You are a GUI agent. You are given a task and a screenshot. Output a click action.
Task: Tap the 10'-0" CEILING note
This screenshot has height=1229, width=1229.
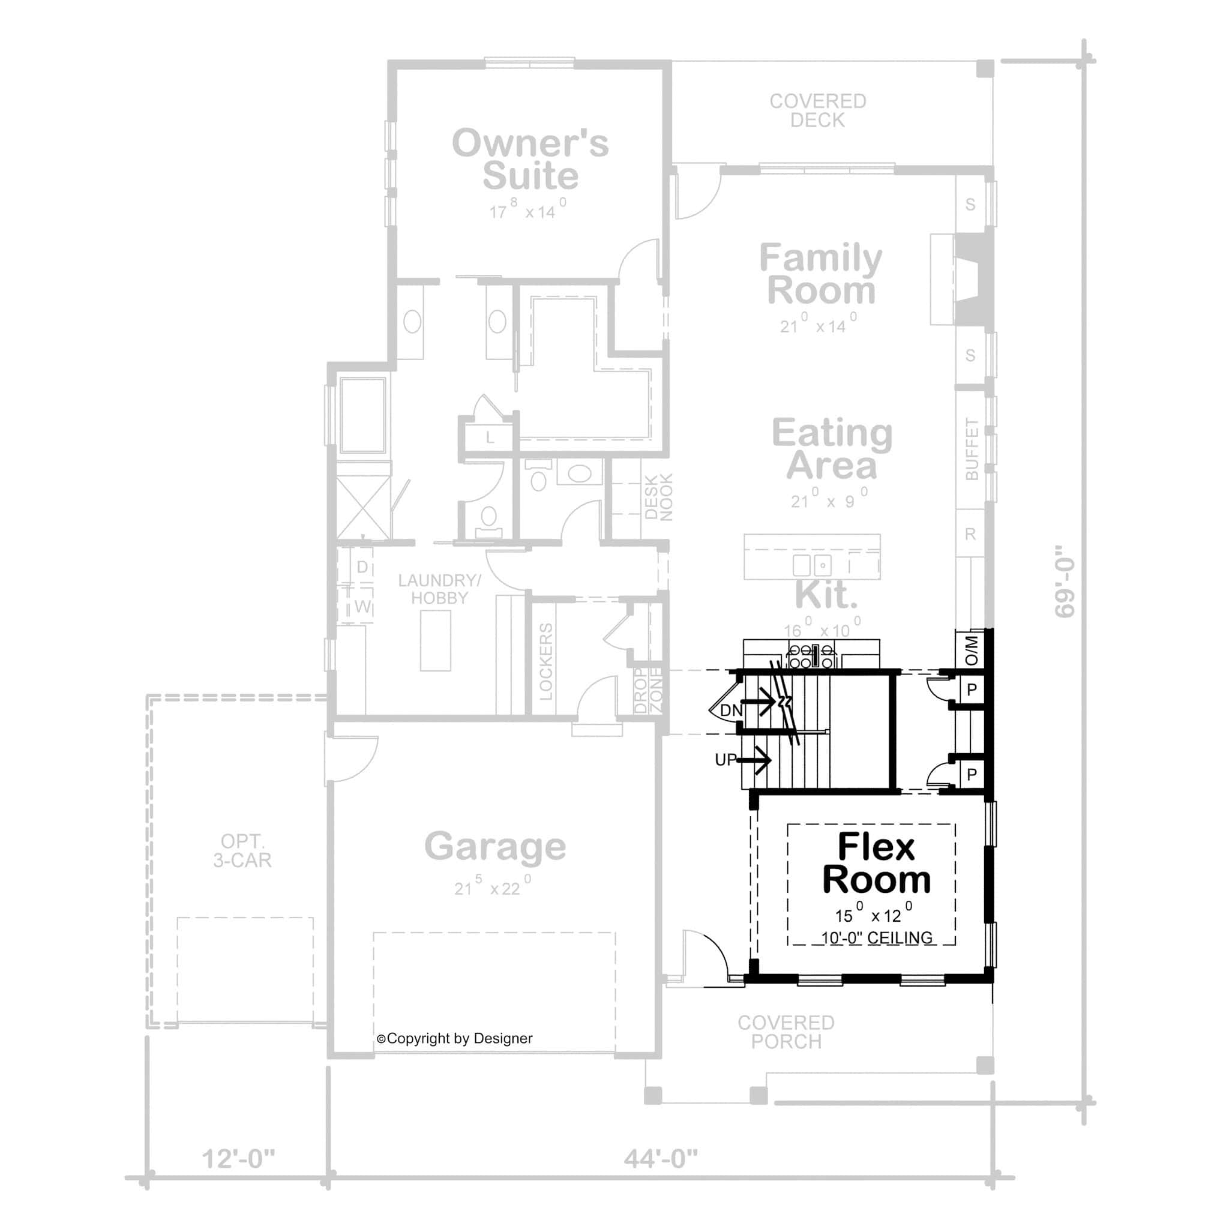[x=877, y=938]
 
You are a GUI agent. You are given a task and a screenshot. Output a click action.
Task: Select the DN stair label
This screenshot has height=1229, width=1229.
[x=730, y=711]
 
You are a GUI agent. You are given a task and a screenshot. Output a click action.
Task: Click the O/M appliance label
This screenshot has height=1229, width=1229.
[x=972, y=650]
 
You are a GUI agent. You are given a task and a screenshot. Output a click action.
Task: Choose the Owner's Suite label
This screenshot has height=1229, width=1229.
[x=530, y=159]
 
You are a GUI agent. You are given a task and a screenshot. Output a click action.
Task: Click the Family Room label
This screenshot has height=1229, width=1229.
[x=820, y=274]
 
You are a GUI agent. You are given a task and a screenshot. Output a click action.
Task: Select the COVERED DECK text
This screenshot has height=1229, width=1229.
[x=817, y=110]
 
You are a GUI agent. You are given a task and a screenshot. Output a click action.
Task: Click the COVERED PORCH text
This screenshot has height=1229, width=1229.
[x=786, y=1032]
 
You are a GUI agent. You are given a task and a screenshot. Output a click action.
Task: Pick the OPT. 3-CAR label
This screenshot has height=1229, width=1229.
[x=242, y=850]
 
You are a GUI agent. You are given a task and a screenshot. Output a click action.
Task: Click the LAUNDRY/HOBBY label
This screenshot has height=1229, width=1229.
[x=439, y=589]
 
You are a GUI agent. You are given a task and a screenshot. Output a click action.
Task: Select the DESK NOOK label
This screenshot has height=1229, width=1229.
[x=658, y=497]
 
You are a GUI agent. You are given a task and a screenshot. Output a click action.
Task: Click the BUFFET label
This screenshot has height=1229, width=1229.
[x=972, y=448]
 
